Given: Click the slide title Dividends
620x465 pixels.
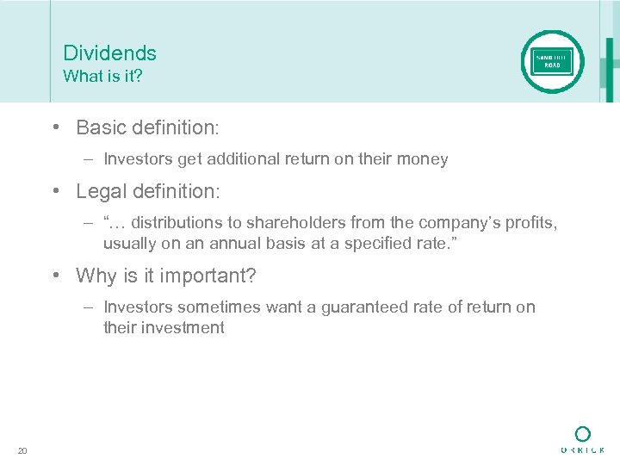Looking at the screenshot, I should pos(110,53).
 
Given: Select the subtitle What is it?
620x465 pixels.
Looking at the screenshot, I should pos(102,76).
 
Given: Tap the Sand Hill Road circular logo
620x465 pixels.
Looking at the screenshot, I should pos(552,61).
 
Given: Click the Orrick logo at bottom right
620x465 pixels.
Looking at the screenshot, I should pos(582,439).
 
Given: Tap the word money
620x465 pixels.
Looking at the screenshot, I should pos(422,159).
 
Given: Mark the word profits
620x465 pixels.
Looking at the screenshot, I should pos(529,224).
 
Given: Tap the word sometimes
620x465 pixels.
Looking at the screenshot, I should pos(207,307).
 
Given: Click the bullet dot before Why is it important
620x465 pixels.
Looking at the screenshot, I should pos(56,276).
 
